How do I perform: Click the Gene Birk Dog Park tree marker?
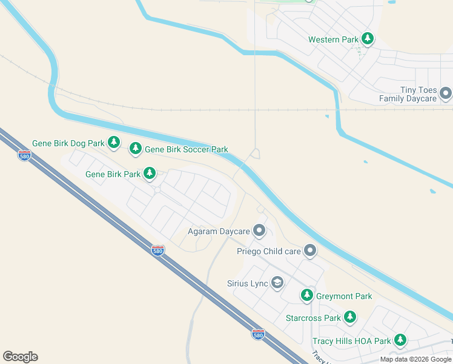pos(114,143)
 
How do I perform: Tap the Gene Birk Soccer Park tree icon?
pos(136,149)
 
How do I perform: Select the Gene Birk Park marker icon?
pos(150,174)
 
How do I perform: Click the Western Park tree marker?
pos(367,39)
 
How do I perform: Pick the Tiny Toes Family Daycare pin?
pos(446,93)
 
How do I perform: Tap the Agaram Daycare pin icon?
pos(259,231)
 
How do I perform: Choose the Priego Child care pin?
pos(310,250)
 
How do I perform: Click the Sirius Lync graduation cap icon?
pos(277,283)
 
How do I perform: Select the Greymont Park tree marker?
pos(307,295)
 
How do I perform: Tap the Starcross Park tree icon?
pos(349,317)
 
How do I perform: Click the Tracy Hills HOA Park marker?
pos(400,340)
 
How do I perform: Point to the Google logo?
pos(20,357)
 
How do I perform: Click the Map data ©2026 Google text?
pos(416,359)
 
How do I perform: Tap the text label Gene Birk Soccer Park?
pos(187,149)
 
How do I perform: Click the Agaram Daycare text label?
pos(219,231)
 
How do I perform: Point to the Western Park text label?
pos(334,39)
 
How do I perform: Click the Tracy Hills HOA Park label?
pos(352,341)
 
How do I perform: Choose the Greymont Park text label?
pos(344,296)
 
